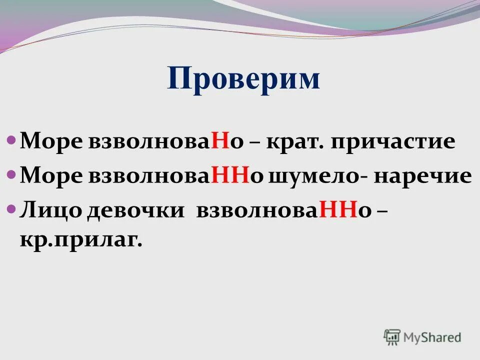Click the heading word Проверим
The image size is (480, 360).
243,79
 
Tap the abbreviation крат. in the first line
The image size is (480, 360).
296,142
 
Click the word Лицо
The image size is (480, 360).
51,210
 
